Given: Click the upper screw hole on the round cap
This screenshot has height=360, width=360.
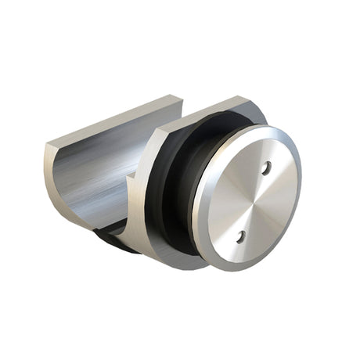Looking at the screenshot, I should (266, 167).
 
